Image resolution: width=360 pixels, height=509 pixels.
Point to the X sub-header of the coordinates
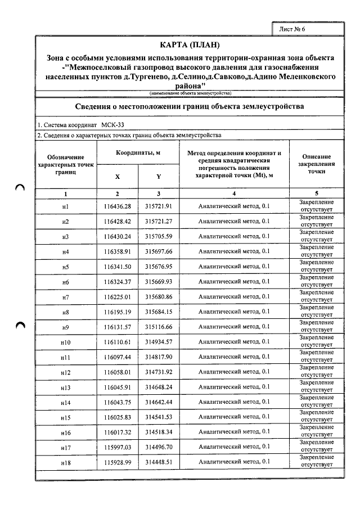(118, 176)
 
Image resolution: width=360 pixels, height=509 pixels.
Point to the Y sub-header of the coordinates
(159, 176)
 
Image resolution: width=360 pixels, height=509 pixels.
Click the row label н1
(65, 206)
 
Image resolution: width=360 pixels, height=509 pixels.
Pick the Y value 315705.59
(159, 236)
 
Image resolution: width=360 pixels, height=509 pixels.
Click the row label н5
(65, 267)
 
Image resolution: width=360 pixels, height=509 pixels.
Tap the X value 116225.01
(118, 296)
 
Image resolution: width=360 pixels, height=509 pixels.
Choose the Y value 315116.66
(159, 327)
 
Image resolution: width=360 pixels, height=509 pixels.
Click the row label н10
(65, 342)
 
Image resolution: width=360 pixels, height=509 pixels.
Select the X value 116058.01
(118, 372)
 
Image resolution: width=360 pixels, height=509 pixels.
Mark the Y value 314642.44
(159, 402)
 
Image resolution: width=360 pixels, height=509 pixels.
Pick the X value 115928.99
(118, 462)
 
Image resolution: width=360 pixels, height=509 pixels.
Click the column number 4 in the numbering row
(234, 193)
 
